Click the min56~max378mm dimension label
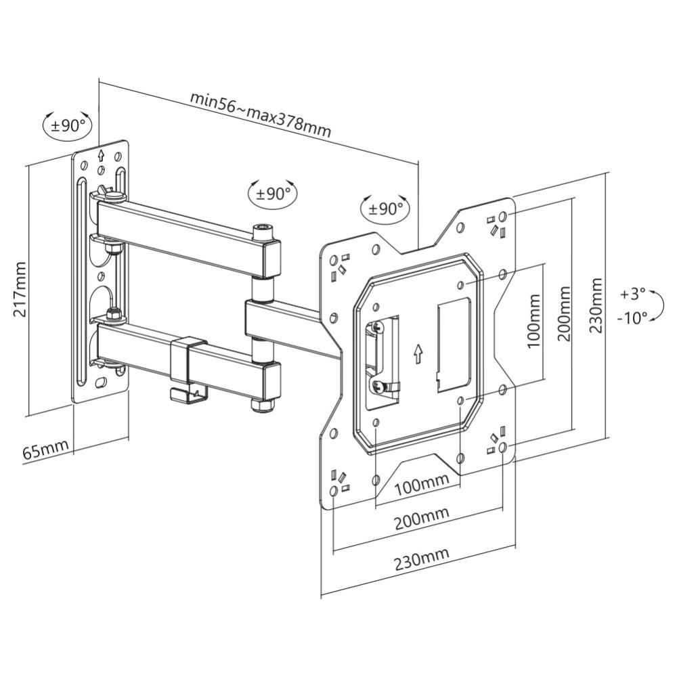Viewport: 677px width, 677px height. [x=260, y=114]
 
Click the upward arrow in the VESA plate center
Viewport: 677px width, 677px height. [x=418, y=353]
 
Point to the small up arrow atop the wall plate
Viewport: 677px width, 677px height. [x=101, y=154]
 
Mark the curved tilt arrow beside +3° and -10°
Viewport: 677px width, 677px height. [x=655, y=306]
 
